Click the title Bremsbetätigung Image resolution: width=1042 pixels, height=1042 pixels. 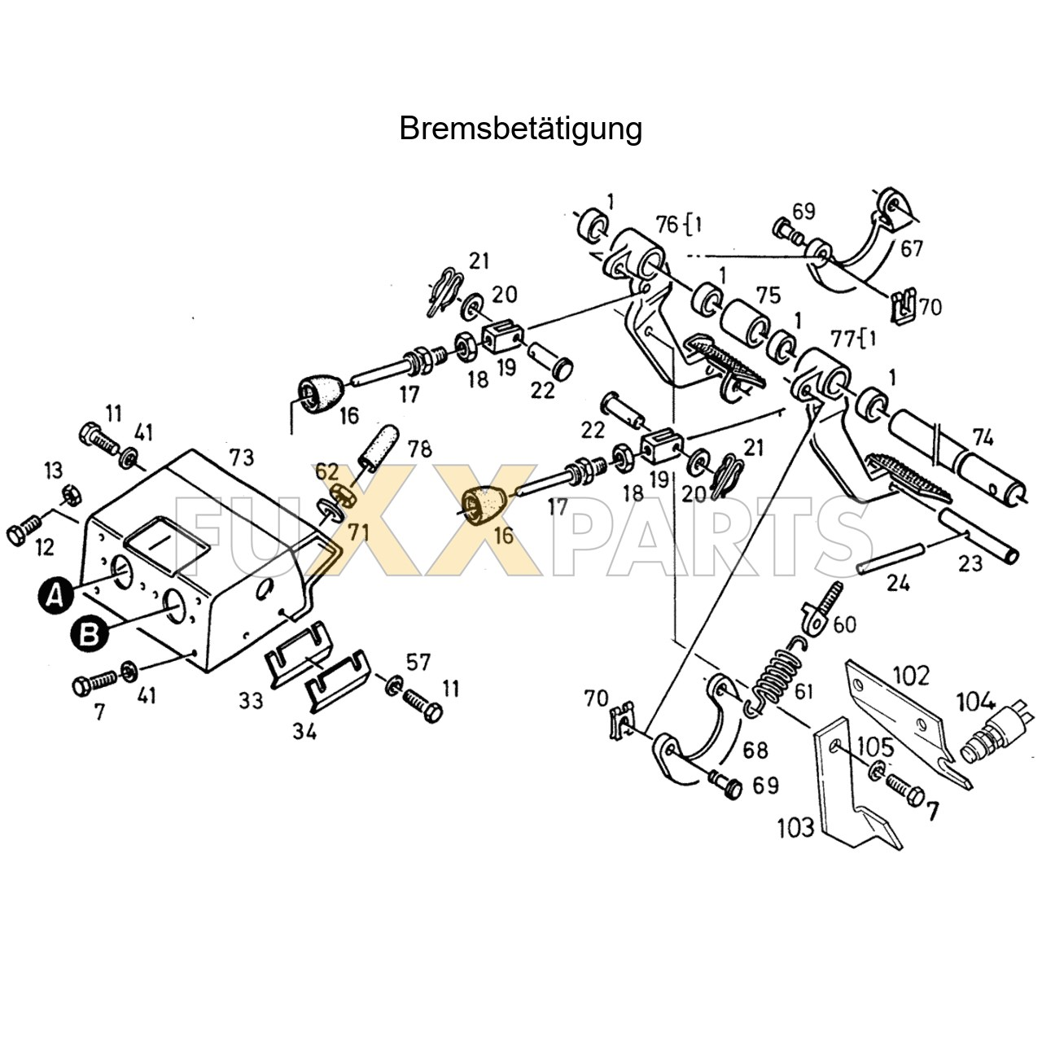pyautogui.click(x=520, y=129)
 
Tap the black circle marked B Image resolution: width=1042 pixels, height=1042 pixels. pyautogui.click(x=89, y=634)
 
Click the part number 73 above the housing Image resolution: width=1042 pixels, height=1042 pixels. pyautogui.click(x=242, y=457)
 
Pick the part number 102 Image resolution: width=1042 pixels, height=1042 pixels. pyautogui.click(x=911, y=675)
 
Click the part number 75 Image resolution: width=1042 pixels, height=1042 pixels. pyautogui.click(x=768, y=295)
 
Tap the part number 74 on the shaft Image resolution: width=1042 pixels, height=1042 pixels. pyautogui.click(x=983, y=437)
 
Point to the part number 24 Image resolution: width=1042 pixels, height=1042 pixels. pyautogui.click(x=898, y=582)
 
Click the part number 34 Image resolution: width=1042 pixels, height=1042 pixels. pyautogui.click(x=305, y=731)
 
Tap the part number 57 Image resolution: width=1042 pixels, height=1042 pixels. pyautogui.click(x=418, y=661)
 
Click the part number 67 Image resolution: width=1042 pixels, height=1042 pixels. pyautogui.click(x=912, y=247)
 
